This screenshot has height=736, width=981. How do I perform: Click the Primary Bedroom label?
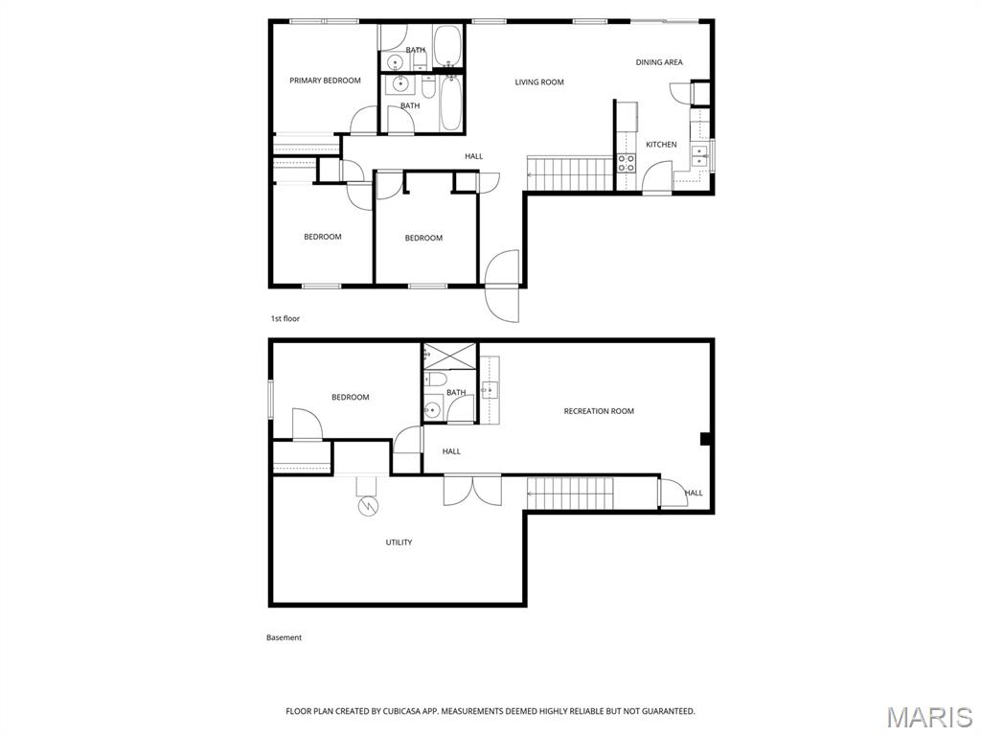click(325, 80)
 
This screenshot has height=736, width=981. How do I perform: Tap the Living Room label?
click(539, 82)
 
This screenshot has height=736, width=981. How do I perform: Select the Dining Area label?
click(659, 62)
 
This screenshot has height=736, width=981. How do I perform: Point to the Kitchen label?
click(661, 145)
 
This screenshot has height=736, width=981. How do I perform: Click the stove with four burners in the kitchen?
click(626, 163)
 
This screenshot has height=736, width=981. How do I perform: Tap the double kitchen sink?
click(699, 154)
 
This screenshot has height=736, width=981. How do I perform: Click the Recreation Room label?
click(599, 411)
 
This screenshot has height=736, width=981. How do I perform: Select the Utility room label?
click(399, 542)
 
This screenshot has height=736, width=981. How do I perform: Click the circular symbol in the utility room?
click(368, 505)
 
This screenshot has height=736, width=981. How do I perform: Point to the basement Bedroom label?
click(350, 397)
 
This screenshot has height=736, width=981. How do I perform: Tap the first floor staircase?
click(569, 174)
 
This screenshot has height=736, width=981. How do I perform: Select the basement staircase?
click(569, 494)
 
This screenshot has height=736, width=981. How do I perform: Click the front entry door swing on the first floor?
click(502, 286)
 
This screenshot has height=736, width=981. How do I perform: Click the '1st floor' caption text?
click(285, 318)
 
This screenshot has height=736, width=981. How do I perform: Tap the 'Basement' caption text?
click(284, 637)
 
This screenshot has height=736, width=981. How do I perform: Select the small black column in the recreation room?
click(705, 440)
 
